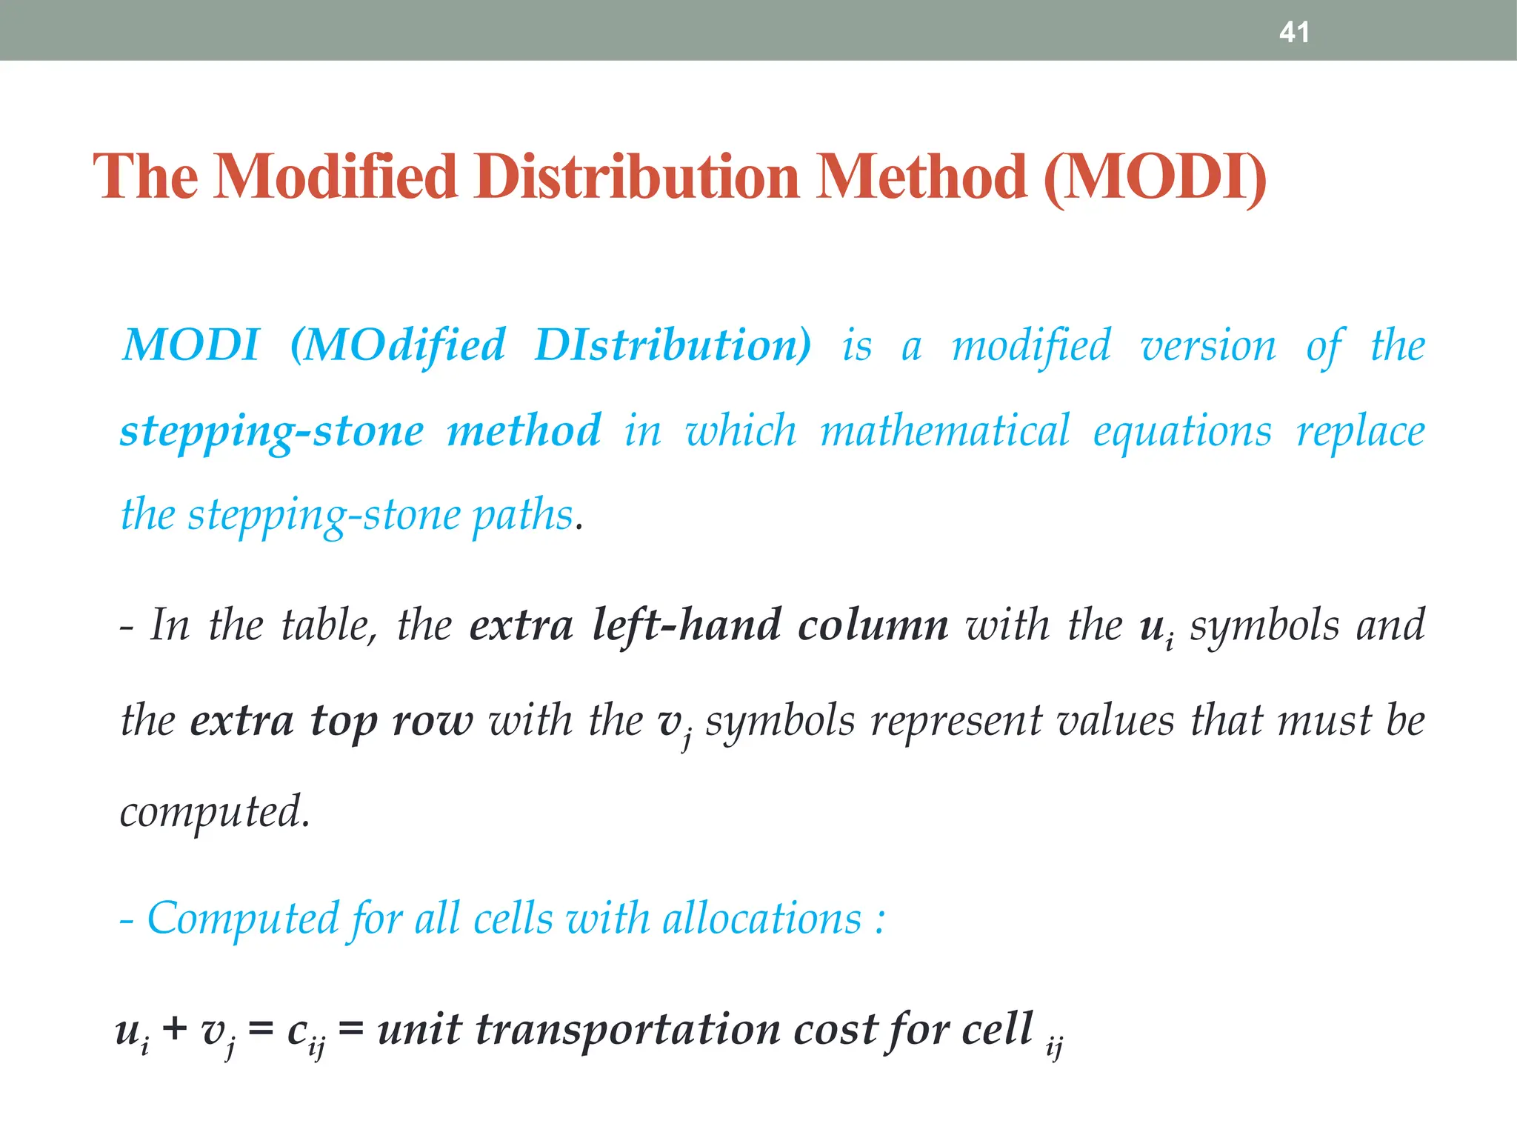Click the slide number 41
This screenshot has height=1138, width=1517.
pos(1294,33)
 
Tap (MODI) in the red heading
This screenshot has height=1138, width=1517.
pos(1154,177)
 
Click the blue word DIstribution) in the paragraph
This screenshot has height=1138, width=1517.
pos(673,345)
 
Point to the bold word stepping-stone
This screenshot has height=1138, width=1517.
pos(272,431)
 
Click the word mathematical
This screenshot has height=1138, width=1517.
pos(945,431)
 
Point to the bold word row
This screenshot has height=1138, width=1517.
pos(432,720)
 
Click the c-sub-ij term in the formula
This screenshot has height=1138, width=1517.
pos(304,1033)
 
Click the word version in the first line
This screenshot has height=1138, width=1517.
pos(1208,345)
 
